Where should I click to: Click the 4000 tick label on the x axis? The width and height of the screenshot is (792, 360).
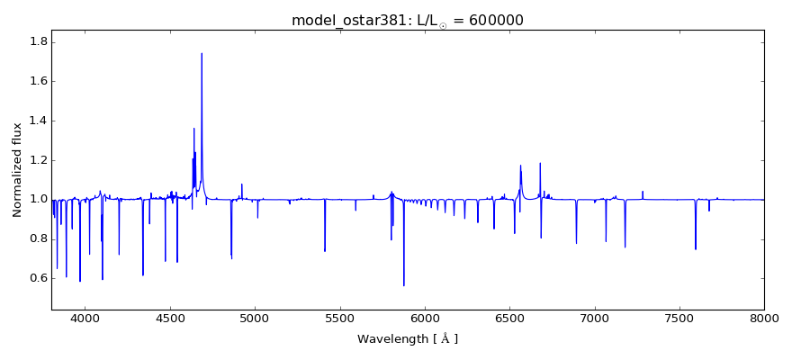(x=85, y=318)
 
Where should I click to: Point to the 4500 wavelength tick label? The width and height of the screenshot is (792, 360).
(x=170, y=318)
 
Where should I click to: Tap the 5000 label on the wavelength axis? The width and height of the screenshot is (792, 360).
(x=255, y=318)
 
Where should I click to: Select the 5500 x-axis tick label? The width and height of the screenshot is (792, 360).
(x=339, y=318)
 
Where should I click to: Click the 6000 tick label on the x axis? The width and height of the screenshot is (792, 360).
(x=425, y=318)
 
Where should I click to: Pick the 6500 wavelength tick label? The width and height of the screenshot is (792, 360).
(x=509, y=318)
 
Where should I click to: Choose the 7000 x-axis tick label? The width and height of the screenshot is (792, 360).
(x=595, y=318)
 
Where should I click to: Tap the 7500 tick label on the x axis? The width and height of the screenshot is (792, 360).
(x=679, y=318)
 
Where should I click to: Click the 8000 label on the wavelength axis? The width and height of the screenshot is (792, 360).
(x=764, y=318)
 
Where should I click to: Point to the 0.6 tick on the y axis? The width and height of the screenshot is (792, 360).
(x=37, y=278)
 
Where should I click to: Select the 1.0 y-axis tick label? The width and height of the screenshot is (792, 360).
(x=37, y=200)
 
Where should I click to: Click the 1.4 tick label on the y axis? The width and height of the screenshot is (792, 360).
(x=37, y=121)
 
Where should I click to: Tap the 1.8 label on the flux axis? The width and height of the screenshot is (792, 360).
(x=37, y=42)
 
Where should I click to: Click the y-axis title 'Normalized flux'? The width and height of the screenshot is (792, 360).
(x=17, y=171)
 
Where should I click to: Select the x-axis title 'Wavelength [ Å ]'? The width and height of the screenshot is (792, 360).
(x=408, y=339)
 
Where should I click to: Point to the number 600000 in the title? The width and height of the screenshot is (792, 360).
(x=494, y=21)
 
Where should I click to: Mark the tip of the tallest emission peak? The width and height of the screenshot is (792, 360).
(x=202, y=53)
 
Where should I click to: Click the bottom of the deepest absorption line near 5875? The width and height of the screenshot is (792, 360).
(x=403, y=285)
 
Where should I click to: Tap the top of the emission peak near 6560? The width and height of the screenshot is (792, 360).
(x=520, y=166)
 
